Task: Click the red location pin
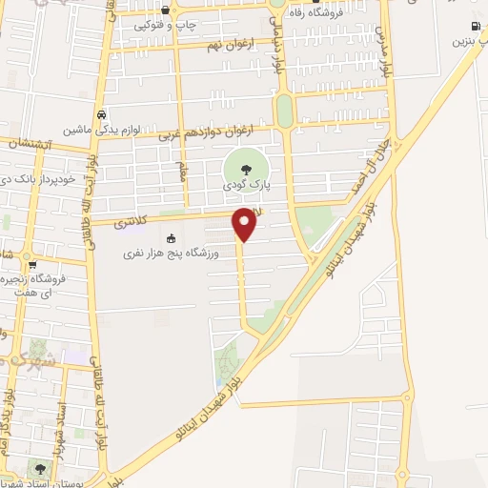tap(245, 223)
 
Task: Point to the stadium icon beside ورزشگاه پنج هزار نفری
tap(171, 238)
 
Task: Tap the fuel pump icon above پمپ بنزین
tap(474, 26)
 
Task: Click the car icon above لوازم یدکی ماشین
tap(101, 113)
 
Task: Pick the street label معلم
tap(180, 172)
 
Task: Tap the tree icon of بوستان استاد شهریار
tap(40, 468)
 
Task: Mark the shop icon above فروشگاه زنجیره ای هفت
tap(32, 265)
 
